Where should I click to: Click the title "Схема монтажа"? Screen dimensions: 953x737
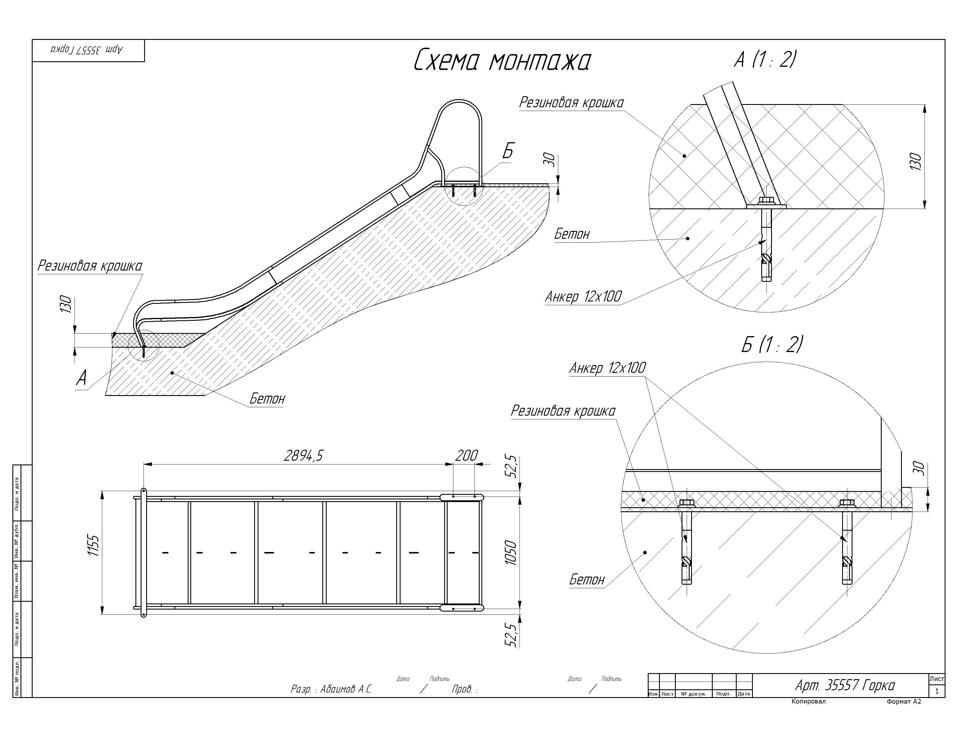[x=502, y=61]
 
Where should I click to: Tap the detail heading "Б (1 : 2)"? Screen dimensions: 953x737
[x=771, y=345]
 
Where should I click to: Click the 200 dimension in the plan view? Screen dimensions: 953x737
[x=466, y=456]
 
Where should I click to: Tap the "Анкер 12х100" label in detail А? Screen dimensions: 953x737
[x=583, y=297]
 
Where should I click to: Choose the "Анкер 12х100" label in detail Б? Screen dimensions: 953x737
[x=607, y=368]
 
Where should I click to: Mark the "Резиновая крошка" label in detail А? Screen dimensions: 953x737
[x=572, y=103]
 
